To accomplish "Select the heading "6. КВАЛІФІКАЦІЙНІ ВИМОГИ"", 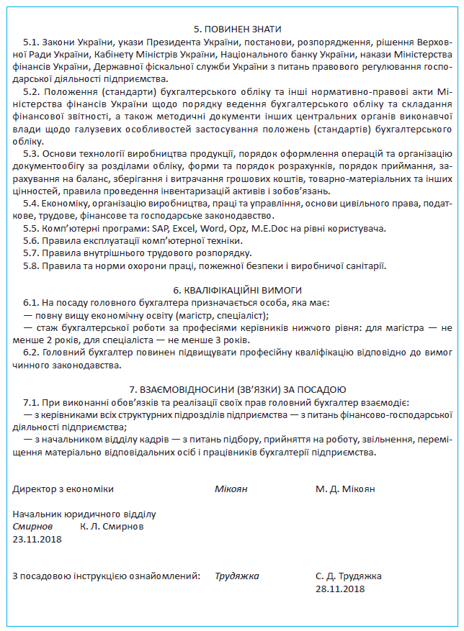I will [x=231, y=289].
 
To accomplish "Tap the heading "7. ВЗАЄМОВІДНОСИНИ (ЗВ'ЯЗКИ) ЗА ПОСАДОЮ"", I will [x=231, y=388].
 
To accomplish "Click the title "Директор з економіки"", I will [x=63, y=489].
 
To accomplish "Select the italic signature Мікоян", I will [x=231, y=489].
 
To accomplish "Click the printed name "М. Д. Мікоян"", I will [x=345, y=489].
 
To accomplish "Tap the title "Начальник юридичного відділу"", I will [x=84, y=514].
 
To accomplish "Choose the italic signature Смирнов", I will [x=33, y=526].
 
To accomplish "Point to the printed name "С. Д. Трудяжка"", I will [x=349, y=576].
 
